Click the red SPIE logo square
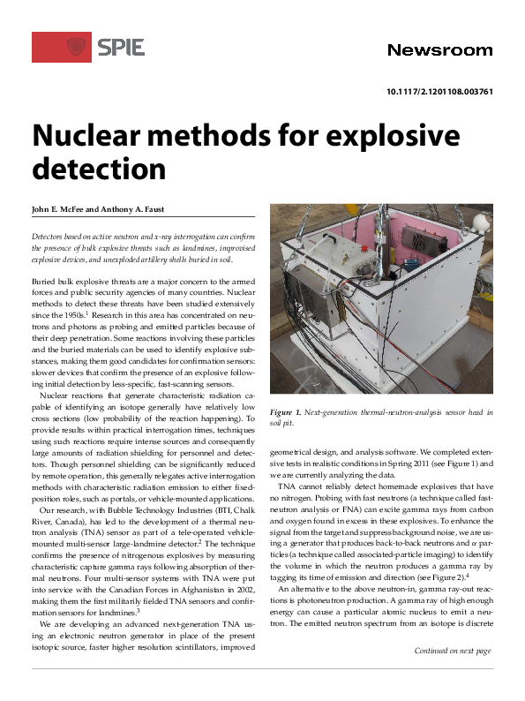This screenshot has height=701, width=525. [x=61, y=47]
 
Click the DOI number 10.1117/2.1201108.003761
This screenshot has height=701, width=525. [x=440, y=92]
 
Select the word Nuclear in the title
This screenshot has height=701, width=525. [x=97, y=136]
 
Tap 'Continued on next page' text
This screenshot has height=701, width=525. [x=453, y=675]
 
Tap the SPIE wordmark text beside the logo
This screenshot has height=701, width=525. [x=121, y=47]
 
